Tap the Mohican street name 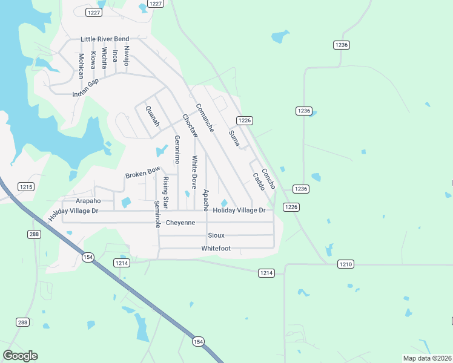pyautogui.click(x=81, y=66)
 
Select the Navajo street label pyautogui.click(x=127, y=56)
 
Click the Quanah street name pyautogui.click(x=152, y=116)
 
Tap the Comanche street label pyautogui.click(x=204, y=118)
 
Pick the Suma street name pyautogui.click(x=234, y=138)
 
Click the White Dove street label pyautogui.click(x=194, y=172)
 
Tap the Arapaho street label pyautogui.click(x=88, y=201)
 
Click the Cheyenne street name pyautogui.click(x=180, y=223)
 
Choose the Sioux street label pyautogui.click(x=216, y=235)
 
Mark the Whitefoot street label pyautogui.click(x=216, y=249)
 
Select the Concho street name pyautogui.click(x=268, y=178)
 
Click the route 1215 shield pyautogui.click(x=25, y=187)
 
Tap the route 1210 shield pyautogui.click(x=345, y=264)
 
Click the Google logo pyautogui.click(x=20, y=356)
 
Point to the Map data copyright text pyautogui.click(x=428, y=358)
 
